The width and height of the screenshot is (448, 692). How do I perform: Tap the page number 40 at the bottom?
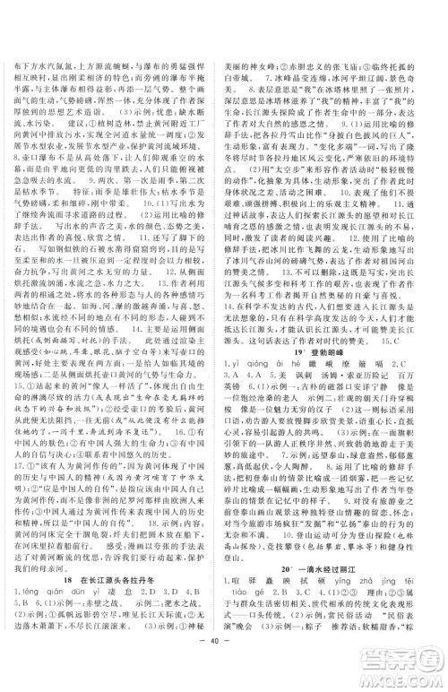point(223,667)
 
